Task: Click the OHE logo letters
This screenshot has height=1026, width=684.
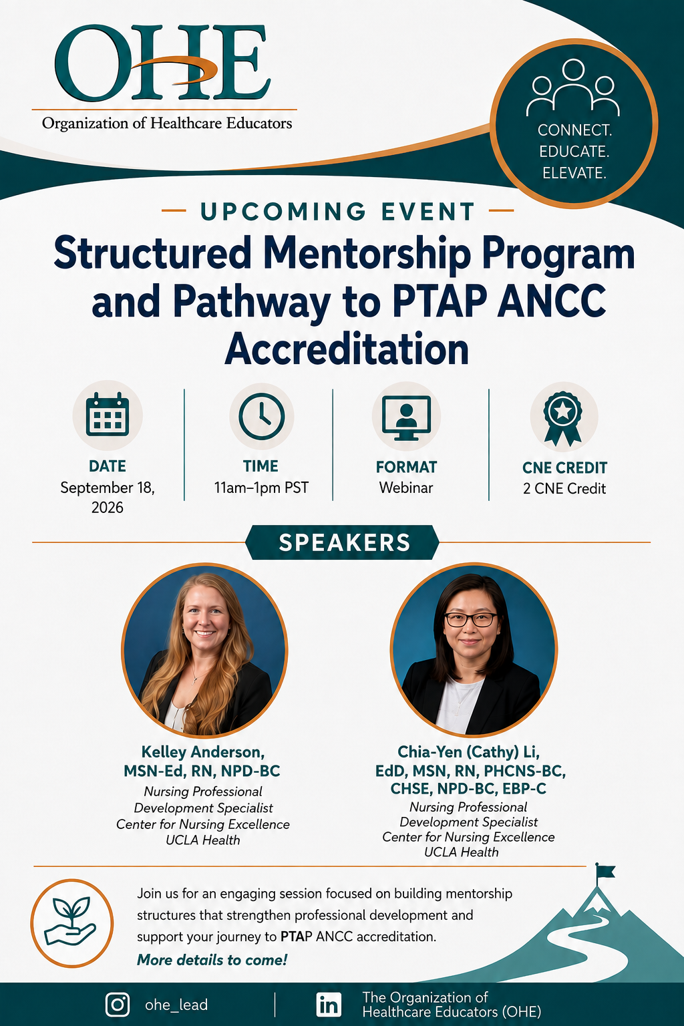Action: pos(162,63)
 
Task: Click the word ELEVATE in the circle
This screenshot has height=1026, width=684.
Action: pos(574,173)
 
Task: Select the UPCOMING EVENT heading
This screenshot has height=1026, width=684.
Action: pos(337,211)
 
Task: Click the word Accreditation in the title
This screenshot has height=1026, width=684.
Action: pos(347,349)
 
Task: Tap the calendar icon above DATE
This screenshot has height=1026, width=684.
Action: pos(108,414)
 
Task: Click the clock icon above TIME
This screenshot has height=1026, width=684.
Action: pos(262,416)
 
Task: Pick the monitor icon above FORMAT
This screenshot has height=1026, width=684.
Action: pos(406,417)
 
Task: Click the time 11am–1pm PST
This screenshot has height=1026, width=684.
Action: pos(261,488)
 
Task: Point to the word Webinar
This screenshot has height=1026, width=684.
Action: pos(406,488)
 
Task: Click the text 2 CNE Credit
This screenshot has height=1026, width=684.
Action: pos(564,488)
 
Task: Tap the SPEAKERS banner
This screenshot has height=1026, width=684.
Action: pos(342,542)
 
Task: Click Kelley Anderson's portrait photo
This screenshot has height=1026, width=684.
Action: pos(204,650)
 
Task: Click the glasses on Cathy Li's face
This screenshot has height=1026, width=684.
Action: pos(470,619)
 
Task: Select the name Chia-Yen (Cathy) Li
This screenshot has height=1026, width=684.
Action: pos(469,751)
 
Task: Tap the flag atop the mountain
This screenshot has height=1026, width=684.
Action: pos(605,871)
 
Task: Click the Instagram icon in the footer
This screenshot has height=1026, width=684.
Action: pos(118,1005)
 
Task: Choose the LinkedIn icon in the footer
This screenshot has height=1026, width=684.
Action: pos(329,1005)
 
